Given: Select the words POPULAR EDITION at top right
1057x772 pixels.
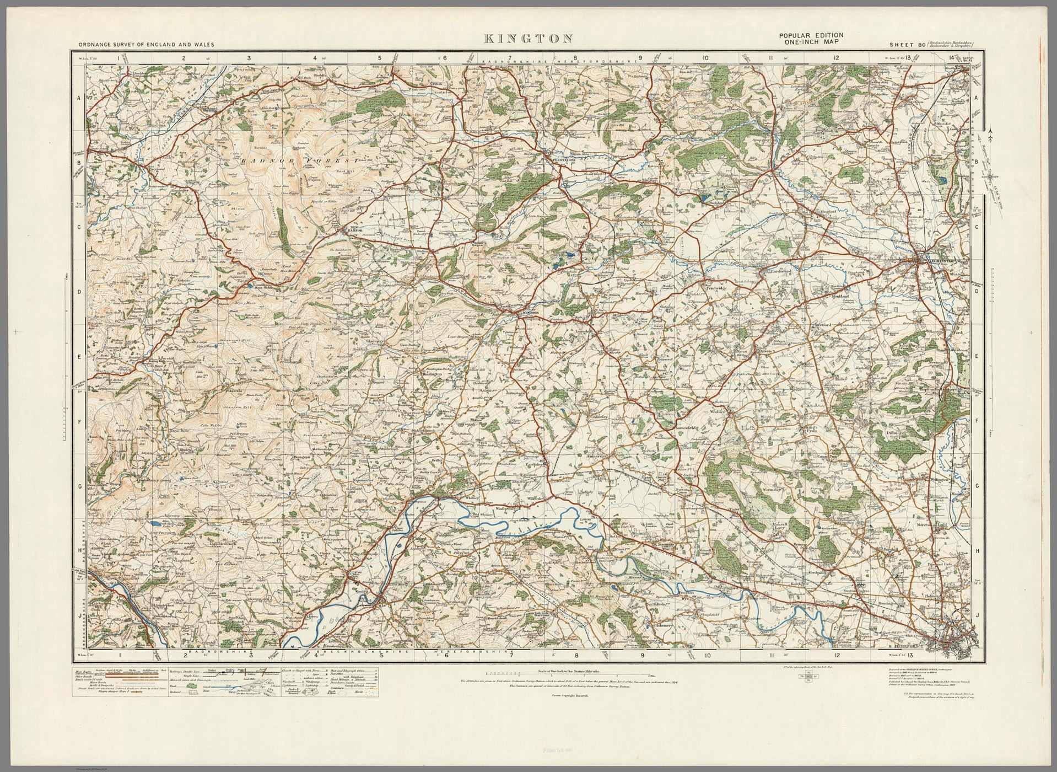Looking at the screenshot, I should (811, 35).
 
